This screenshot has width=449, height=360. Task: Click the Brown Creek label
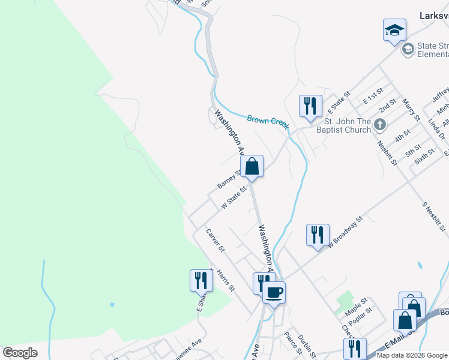(268, 121)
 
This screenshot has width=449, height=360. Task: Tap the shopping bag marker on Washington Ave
(252, 166)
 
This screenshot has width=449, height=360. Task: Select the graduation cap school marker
(394, 29)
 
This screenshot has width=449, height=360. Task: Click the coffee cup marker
(274, 293)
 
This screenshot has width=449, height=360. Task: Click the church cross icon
(379, 125)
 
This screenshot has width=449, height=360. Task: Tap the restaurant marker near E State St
(310, 106)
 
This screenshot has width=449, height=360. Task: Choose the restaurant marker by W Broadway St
(317, 235)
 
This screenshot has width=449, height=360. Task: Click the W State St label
(234, 197)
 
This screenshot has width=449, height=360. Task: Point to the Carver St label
(215, 240)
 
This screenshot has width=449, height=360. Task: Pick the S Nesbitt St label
(435, 216)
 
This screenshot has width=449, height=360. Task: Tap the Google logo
(20, 353)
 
